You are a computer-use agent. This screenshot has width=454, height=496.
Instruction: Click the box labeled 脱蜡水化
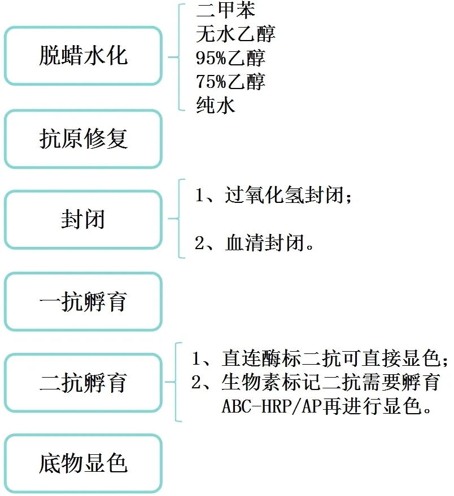pyautogui.click(x=83, y=56)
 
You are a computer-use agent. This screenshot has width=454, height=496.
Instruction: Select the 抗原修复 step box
pyautogui.click(x=83, y=139)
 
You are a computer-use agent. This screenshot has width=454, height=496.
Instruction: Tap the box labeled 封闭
pyautogui.click(x=83, y=219)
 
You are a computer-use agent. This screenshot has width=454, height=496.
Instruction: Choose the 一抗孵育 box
pyautogui.click(x=83, y=302)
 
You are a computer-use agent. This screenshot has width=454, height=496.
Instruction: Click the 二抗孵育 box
pyautogui.click(x=83, y=383)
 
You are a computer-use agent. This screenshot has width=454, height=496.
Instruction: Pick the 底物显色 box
pyautogui.click(x=83, y=463)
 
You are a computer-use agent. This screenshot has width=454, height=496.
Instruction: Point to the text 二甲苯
pyautogui.click(x=225, y=10)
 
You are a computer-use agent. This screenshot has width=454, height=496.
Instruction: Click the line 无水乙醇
pyautogui.click(x=235, y=34)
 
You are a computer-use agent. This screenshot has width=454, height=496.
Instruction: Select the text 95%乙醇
pyautogui.click(x=230, y=58)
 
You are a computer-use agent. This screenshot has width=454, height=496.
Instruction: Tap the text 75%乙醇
pyautogui.click(x=230, y=82)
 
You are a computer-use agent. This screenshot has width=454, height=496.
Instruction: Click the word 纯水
pyautogui.click(x=216, y=105)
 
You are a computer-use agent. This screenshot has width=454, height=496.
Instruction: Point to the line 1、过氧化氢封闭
pyautogui.click(x=273, y=194)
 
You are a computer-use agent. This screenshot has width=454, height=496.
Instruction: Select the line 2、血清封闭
pyautogui.click(x=254, y=243)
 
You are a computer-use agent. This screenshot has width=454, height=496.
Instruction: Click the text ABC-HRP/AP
pyautogui.click(x=272, y=406)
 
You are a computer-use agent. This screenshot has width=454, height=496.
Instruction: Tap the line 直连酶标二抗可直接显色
pyautogui.click(x=331, y=358)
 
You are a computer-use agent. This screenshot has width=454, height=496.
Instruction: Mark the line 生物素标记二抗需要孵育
pyautogui.click(x=331, y=382)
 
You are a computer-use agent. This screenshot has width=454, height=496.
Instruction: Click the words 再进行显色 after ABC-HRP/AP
pyautogui.click(x=377, y=406)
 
